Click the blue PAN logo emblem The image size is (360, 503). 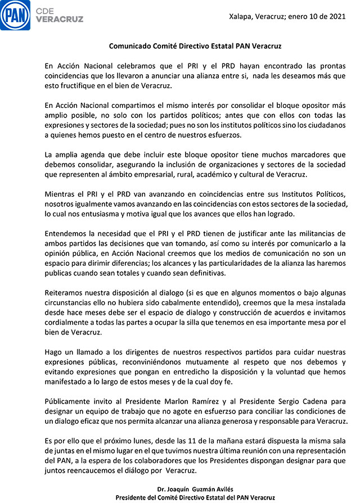(15, 15)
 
